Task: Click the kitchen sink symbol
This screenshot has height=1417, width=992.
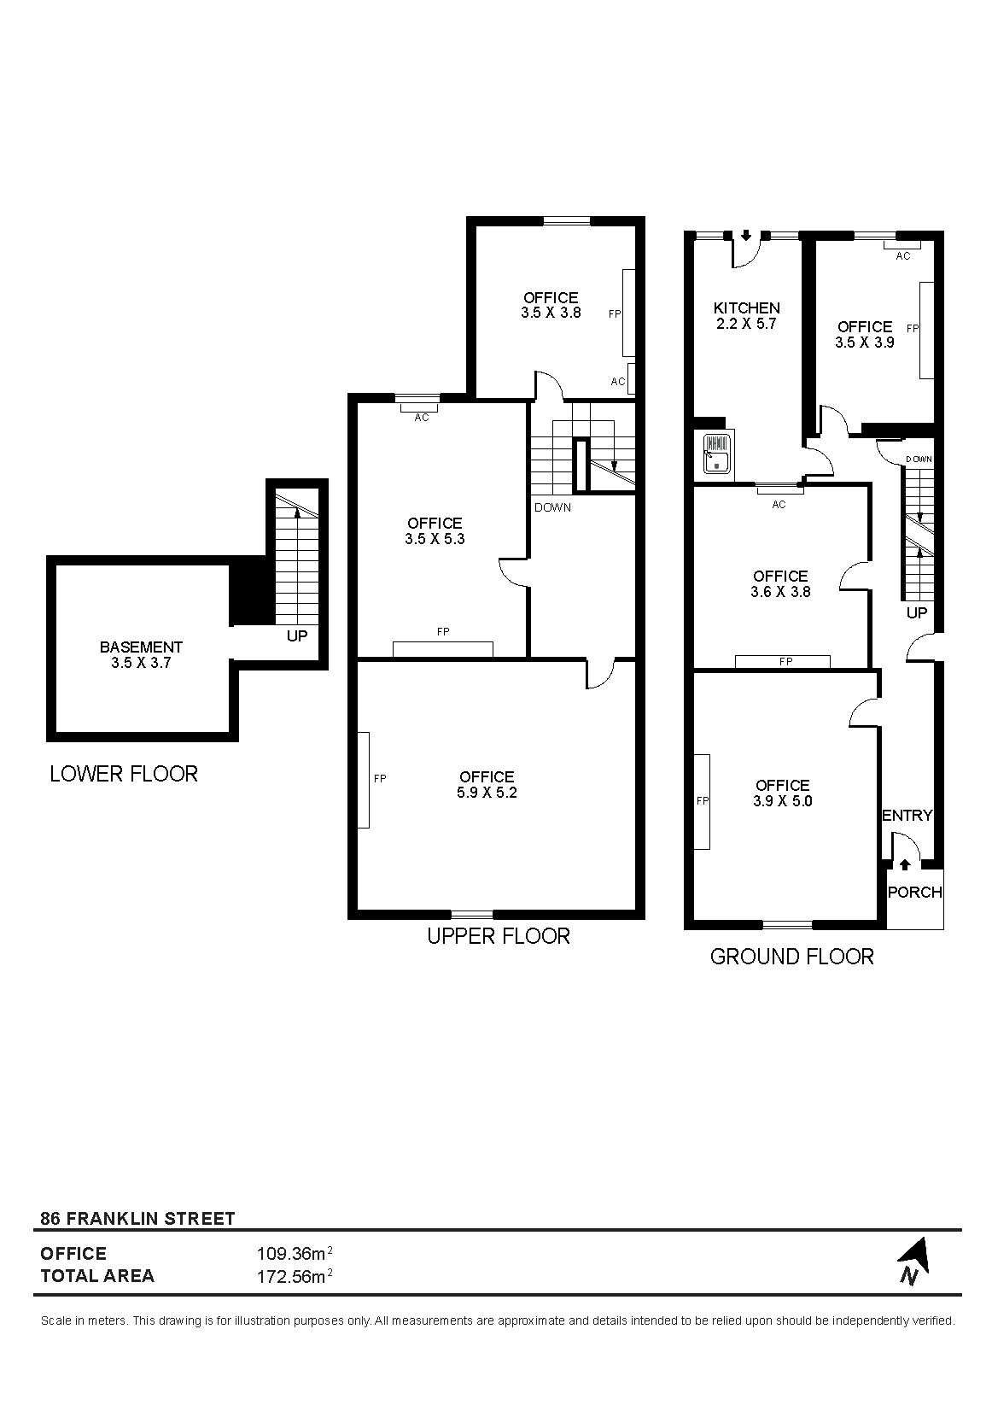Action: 717,453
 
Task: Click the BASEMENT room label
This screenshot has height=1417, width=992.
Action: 141,647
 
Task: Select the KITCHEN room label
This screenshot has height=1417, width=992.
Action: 747,308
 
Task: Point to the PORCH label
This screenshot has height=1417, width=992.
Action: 915,892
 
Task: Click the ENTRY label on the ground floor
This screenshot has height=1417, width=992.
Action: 907,816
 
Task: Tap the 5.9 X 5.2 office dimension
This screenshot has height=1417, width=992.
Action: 487,793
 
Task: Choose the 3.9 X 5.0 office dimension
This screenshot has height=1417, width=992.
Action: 783,801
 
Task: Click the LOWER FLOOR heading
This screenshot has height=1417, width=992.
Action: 124,774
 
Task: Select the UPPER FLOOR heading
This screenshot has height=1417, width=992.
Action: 499,935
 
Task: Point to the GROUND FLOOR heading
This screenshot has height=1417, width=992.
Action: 792,957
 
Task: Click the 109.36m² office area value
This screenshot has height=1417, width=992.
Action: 295,1253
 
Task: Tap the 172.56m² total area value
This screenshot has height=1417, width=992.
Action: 295,1277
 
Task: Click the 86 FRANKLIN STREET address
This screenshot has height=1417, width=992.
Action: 137,1218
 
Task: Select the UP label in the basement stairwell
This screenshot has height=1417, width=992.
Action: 297,635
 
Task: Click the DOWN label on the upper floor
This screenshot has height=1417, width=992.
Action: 552,507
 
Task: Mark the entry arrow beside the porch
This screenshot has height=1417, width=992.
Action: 905,864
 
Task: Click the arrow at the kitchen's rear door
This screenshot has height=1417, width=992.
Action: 746,236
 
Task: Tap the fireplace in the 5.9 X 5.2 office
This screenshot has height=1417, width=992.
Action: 364,780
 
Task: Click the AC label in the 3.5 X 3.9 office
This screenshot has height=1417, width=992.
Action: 903,256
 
